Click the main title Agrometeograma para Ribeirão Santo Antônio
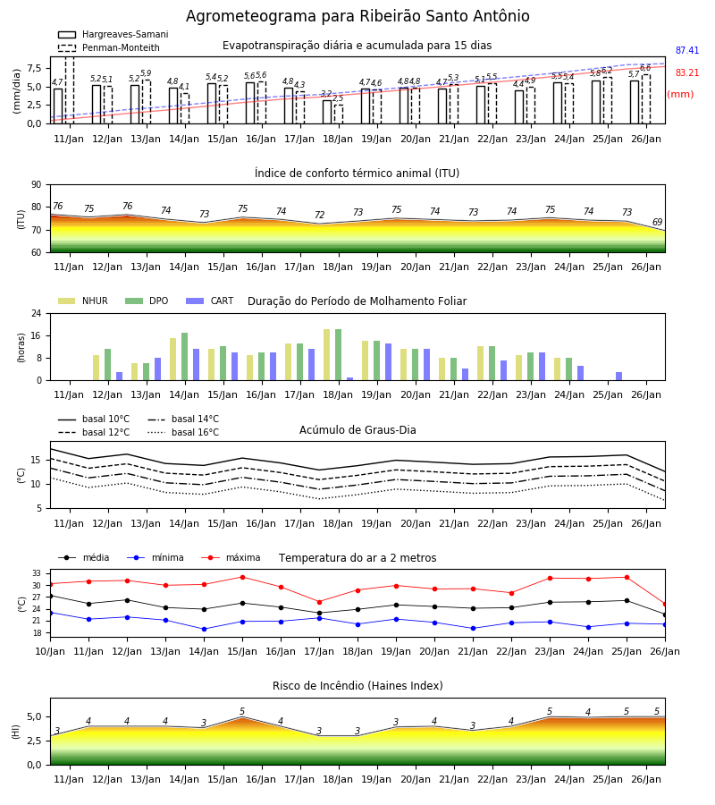click(357, 16)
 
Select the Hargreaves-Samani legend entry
click(113, 34)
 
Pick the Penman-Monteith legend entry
click(109, 47)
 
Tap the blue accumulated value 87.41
click(686, 50)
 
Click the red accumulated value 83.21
click(686, 73)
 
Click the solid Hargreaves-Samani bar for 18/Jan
click(327, 112)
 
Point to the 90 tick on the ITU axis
click(37, 185)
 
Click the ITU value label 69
click(657, 222)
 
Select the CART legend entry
click(210, 301)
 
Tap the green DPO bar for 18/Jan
click(339, 355)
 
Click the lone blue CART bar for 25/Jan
click(619, 377)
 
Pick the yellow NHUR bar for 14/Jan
click(172, 360)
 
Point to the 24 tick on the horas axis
click(37, 313)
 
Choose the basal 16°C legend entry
click(183, 432)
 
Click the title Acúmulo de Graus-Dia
click(357, 430)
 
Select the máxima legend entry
click(231, 557)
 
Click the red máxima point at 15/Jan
click(242, 577)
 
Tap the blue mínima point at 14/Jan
click(204, 629)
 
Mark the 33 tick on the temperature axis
click(37, 573)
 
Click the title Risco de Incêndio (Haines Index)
click(357, 686)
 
